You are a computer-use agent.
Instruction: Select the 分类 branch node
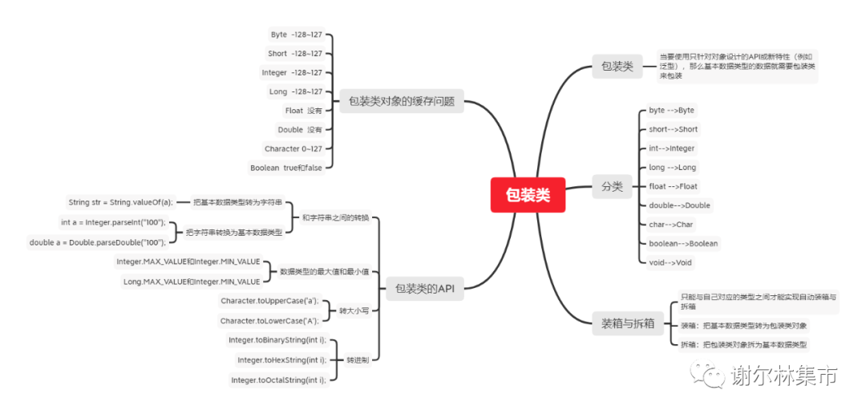tap(612, 187)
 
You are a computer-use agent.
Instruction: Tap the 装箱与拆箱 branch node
tap(628, 324)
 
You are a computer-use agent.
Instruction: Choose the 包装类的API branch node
tap(424, 288)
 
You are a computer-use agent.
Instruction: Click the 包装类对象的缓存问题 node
tap(402, 102)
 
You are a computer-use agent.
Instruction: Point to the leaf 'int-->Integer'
tap(672, 148)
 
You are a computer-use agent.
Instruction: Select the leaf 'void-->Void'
tap(670, 262)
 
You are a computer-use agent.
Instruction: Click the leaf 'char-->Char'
tap(671, 225)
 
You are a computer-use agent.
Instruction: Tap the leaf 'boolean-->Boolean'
tap(683, 243)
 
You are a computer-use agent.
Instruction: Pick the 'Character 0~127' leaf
tap(293, 148)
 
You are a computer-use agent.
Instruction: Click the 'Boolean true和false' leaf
tap(286, 168)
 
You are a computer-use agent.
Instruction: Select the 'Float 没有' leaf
tap(303, 111)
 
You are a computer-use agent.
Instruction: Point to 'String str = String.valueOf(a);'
tap(120, 202)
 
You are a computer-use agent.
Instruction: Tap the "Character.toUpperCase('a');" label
tap(269, 301)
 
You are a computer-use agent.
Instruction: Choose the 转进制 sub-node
tap(358, 361)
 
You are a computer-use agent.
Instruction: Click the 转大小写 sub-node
tap(354, 310)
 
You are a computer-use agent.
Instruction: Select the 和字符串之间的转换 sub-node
tap(336, 218)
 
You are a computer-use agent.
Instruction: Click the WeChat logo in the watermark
tap(707, 375)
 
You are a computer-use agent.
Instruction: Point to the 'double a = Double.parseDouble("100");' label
tap(98, 241)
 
